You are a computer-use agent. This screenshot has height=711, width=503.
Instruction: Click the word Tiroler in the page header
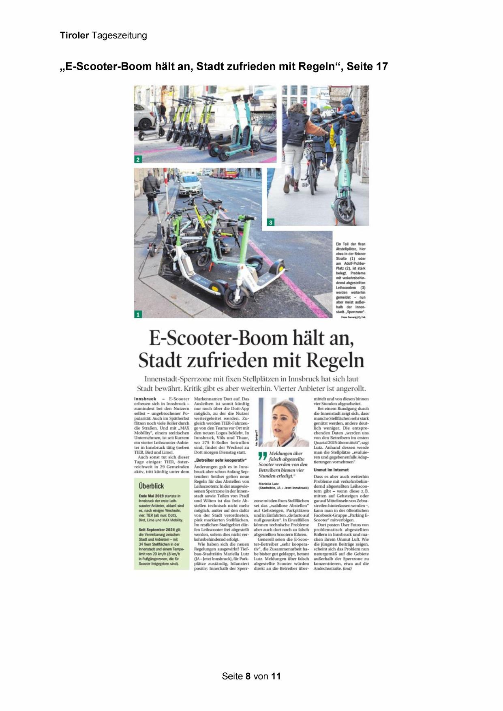coord(74,36)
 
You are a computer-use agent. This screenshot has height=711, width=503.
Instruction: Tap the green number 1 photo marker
coord(138,314)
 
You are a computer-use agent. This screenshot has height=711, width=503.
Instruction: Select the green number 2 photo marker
coord(138,160)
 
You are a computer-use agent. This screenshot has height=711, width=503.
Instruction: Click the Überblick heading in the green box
coord(151,486)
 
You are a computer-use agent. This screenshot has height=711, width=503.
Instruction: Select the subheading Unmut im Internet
coord(331,470)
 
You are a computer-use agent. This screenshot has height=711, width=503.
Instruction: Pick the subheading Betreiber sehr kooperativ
coord(220,460)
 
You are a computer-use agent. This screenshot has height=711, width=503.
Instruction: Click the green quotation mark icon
coord(263,456)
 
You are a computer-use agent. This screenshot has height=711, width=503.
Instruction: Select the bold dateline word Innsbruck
coord(145,399)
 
